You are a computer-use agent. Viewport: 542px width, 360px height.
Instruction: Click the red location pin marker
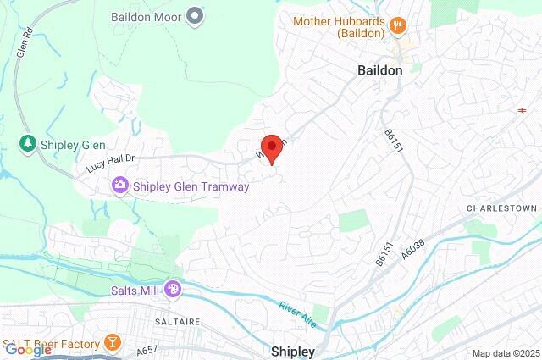click(270, 146)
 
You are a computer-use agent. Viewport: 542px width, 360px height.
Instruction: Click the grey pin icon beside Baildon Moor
click(196, 15)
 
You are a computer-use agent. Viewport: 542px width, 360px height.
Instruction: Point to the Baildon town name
click(378, 71)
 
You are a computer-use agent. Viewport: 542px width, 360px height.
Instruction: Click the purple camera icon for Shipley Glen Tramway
click(120, 185)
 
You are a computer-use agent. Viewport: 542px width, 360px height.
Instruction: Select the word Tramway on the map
click(222, 186)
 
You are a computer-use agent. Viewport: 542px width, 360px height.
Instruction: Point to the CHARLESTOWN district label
click(502, 208)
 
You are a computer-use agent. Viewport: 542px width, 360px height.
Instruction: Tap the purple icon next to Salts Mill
click(172, 290)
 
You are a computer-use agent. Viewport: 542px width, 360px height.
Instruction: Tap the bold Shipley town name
click(293, 351)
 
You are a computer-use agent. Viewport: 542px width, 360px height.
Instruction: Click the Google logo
click(27, 349)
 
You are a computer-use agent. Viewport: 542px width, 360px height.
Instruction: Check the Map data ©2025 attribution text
click(506, 353)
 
